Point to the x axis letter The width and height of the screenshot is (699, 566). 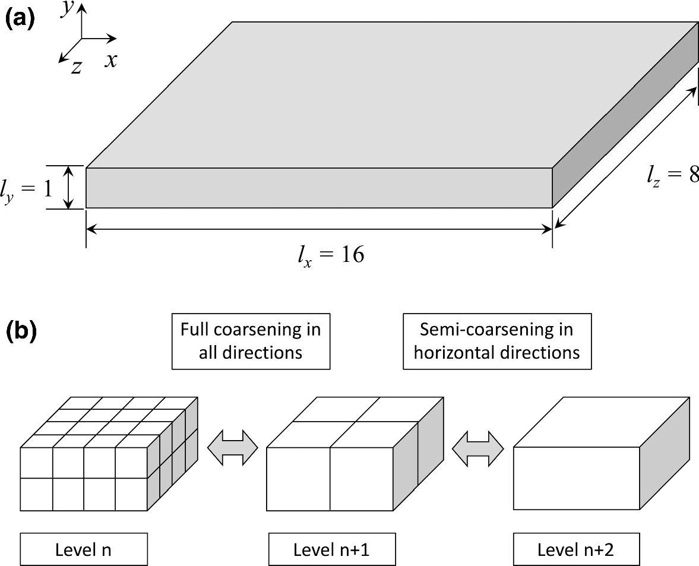click(110, 60)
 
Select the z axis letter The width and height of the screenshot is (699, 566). click(76, 67)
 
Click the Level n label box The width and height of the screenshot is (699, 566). click(83, 549)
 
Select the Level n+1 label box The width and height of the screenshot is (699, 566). click(331, 549)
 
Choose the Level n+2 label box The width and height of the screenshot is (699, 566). click(575, 549)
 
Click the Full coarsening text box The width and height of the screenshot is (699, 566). click(250, 341)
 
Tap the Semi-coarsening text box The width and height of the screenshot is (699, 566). click(496, 341)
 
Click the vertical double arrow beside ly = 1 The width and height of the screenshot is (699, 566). click(69, 188)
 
